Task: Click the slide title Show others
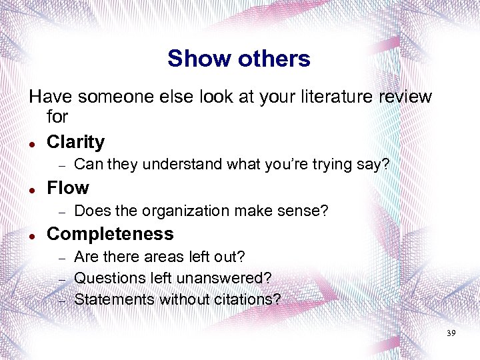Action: click(239, 59)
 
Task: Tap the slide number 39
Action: click(451, 333)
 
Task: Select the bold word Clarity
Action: click(75, 142)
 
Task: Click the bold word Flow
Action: click(67, 188)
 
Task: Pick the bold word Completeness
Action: click(110, 234)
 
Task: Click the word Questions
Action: click(107, 278)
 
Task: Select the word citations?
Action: click(244, 299)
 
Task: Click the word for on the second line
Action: click(57, 117)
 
